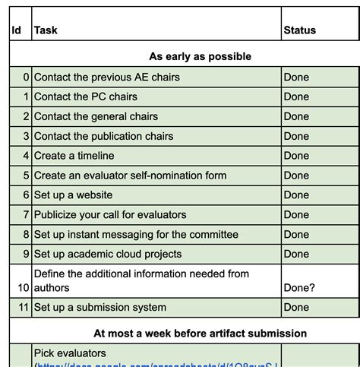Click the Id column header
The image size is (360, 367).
(16, 30)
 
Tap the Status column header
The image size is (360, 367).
(299, 30)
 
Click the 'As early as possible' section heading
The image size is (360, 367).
(200, 56)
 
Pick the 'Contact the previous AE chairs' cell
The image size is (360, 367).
(107, 77)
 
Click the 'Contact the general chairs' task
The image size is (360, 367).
(96, 116)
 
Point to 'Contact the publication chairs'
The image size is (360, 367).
(104, 136)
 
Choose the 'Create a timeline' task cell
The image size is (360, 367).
(74, 156)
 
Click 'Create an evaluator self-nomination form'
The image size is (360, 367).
(130, 176)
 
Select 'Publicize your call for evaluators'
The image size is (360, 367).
(110, 215)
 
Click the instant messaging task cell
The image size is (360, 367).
(136, 235)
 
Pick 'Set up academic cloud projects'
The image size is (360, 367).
(108, 254)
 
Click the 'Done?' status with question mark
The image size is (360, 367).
(299, 288)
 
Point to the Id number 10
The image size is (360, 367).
(23, 288)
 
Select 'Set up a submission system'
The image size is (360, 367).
(100, 308)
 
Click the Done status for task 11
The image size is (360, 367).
(296, 308)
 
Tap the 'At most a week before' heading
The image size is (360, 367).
(200, 333)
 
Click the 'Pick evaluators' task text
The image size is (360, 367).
(70, 353)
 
